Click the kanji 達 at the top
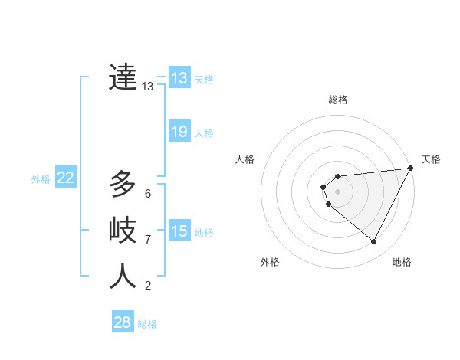(123, 77)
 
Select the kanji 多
(123, 185)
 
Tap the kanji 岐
(123, 230)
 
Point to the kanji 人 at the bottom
(123, 277)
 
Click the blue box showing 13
(179, 77)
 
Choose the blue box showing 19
(179, 132)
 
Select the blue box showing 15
(179, 231)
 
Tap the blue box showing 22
(66, 178)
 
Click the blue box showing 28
(123, 322)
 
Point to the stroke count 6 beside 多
(148, 193)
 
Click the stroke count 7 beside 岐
(148, 239)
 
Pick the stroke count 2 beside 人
(148, 286)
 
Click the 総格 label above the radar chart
(338, 100)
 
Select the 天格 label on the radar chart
(431, 159)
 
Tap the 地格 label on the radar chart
(402, 262)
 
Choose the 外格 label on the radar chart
(270, 262)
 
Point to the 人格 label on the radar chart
(245, 159)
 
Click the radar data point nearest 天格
(411, 169)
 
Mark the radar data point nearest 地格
(374, 242)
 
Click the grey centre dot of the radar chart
(337, 191)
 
